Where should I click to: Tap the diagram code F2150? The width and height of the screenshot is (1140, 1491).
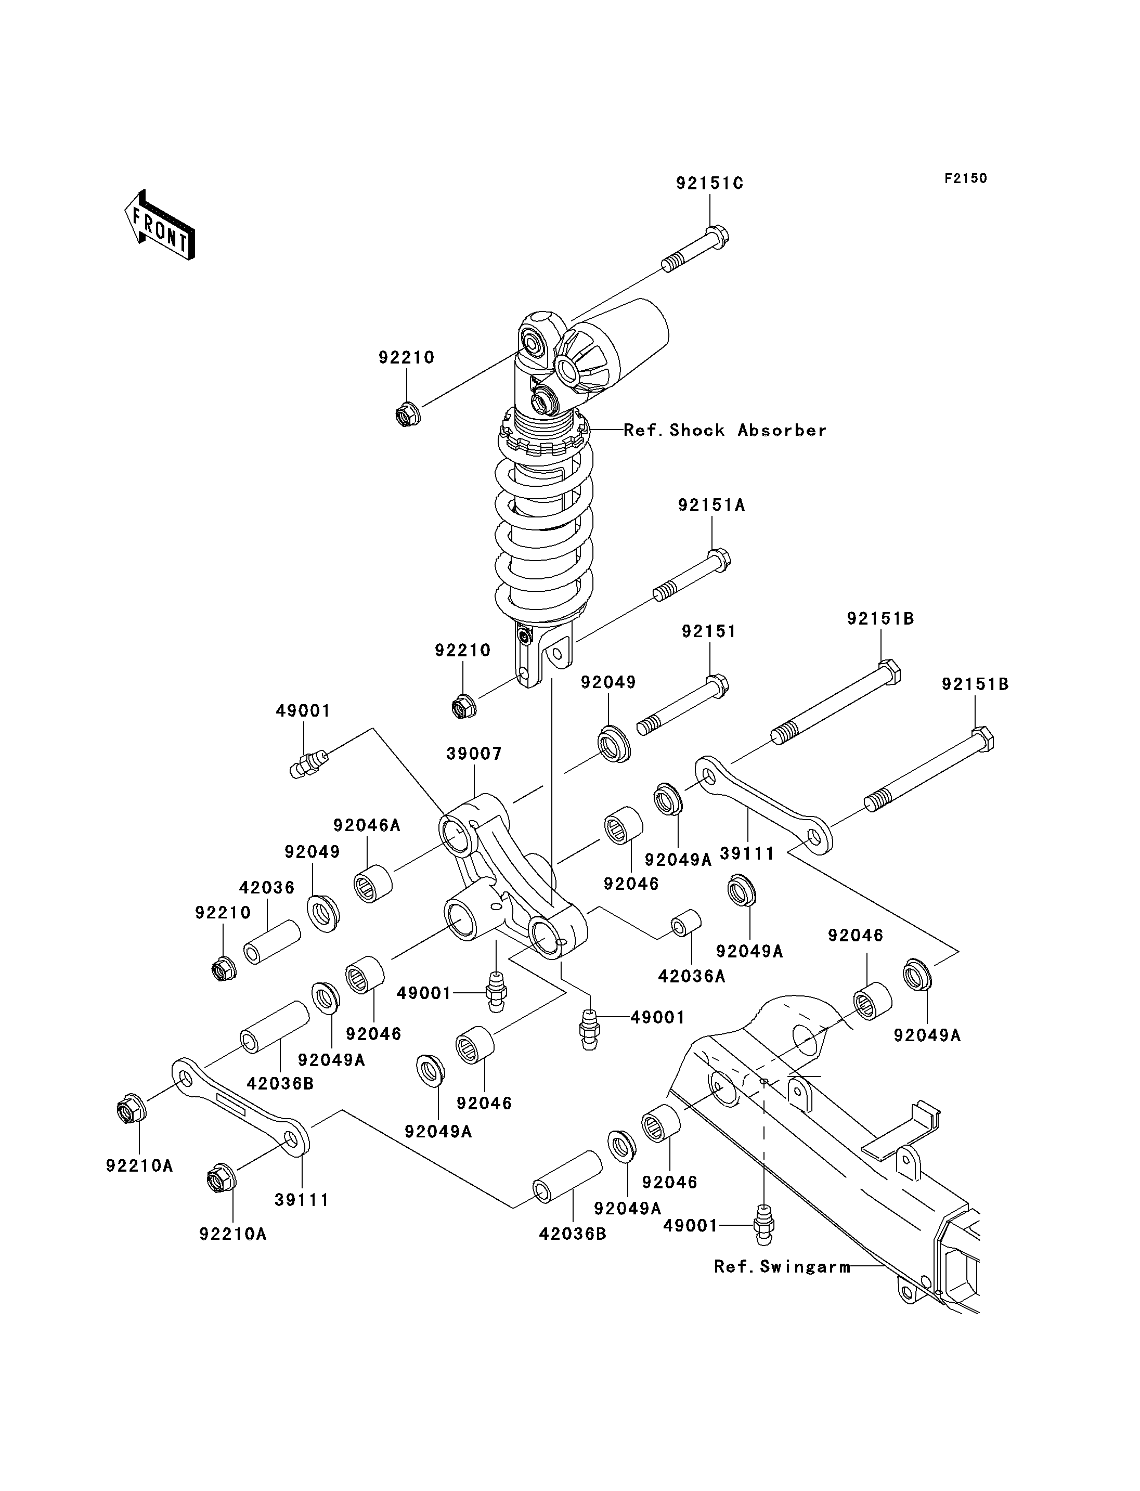pyautogui.click(x=966, y=178)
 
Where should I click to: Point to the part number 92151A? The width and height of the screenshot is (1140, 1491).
pyautogui.click(x=711, y=505)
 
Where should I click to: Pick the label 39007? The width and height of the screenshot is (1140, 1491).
pyautogui.click(x=474, y=754)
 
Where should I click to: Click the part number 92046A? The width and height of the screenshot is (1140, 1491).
pyautogui.click(x=367, y=825)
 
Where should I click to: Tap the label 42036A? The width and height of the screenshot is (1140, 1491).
pyautogui.click(x=692, y=976)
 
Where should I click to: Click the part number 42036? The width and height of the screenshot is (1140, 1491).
pyautogui.click(x=267, y=888)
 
